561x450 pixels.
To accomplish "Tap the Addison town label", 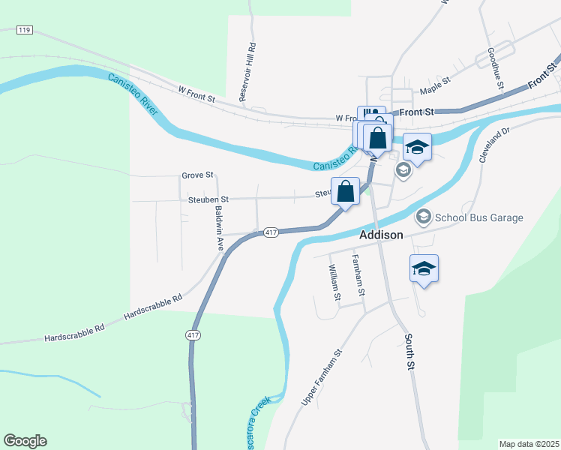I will point(381,235).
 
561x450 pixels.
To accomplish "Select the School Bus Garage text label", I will point(479,217).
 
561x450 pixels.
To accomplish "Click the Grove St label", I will point(197,175).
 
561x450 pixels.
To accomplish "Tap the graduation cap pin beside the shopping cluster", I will point(418,146).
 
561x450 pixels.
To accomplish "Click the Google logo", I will point(25,441).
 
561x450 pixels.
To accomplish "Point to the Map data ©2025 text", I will point(528,444).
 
